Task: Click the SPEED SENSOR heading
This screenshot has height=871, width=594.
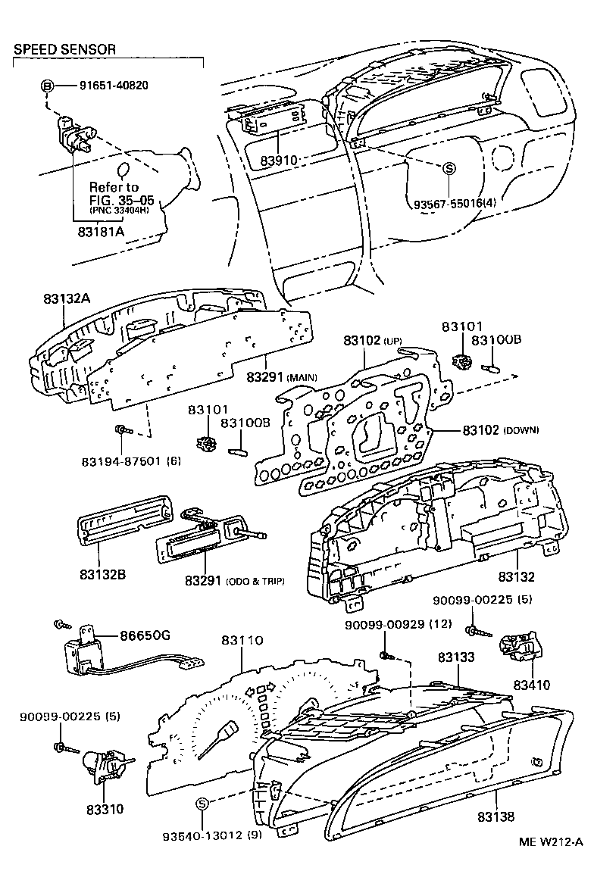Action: (64, 50)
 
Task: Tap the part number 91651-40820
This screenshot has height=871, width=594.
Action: (113, 85)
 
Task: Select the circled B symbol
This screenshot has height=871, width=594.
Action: (47, 86)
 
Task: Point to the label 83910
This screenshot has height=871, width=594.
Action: (278, 161)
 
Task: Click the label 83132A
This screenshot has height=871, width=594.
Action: (61, 298)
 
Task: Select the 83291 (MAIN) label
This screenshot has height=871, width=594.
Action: (281, 376)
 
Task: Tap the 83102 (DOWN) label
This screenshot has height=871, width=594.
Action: (501, 429)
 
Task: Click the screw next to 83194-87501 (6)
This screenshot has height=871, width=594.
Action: (121, 430)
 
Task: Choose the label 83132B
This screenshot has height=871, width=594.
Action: (100, 574)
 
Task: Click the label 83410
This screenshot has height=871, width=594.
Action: (532, 685)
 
